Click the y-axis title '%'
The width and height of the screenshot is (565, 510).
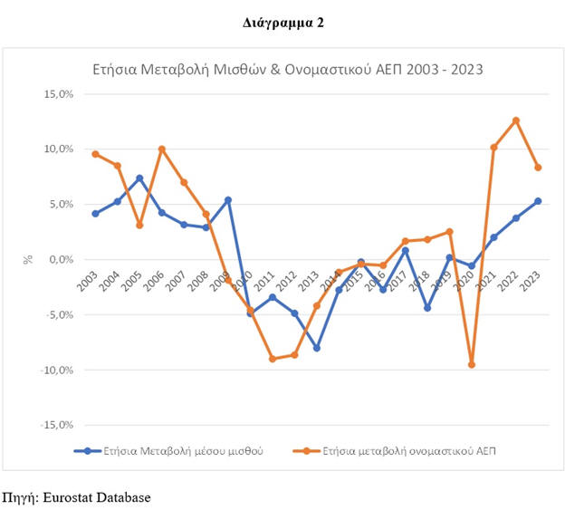click(28, 259)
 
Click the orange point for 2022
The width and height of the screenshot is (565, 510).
click(516, 120)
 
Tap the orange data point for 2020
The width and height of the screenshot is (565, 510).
click(472, 364)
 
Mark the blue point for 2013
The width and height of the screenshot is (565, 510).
click(317, 348)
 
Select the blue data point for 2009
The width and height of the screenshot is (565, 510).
click(228, 199)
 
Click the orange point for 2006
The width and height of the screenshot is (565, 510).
click(161, 149)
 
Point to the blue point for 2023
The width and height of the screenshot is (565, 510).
click(538, 201)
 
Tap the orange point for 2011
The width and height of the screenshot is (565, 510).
click(273, 359)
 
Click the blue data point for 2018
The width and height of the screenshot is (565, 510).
click(427, 308)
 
